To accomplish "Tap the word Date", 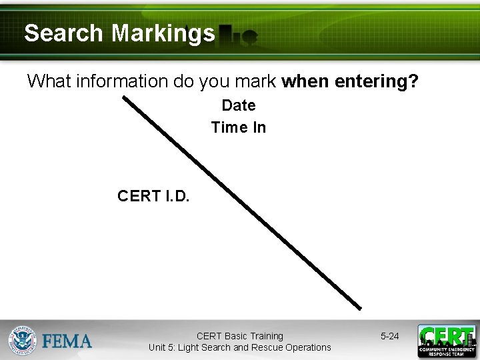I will tap(238, 105).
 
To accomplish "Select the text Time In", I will tap(238, 127).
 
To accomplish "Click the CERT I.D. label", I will tap(153, 196).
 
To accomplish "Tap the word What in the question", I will tap(49, 82).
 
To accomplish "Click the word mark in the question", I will tap(258, 82).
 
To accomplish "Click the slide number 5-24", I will tap(389, 336).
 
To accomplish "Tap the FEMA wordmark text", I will tap(67, 342).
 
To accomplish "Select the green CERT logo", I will tap(447, 341).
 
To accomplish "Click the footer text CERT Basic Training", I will tap(239, 336).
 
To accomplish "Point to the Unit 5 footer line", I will tap(239, 347).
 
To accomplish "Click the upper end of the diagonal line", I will tap(125, 98).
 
